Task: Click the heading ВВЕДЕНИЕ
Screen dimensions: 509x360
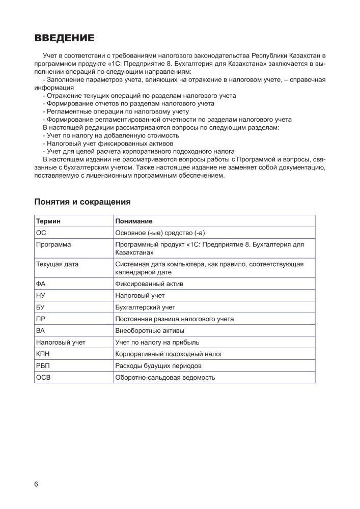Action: tap(64, 38)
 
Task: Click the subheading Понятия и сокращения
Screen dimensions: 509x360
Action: tap(82, 202)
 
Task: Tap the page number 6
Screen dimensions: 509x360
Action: tap(36, 484)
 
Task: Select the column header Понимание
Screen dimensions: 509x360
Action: tap(134, 221)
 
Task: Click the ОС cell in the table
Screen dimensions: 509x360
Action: tap(41, 233)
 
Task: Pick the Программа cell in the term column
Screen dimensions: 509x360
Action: tap(53, 244)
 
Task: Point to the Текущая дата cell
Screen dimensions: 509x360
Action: tap(57, 264)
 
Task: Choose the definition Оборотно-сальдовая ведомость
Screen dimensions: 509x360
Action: tap(165, 377)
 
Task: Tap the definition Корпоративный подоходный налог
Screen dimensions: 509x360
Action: tap(169, 354)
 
